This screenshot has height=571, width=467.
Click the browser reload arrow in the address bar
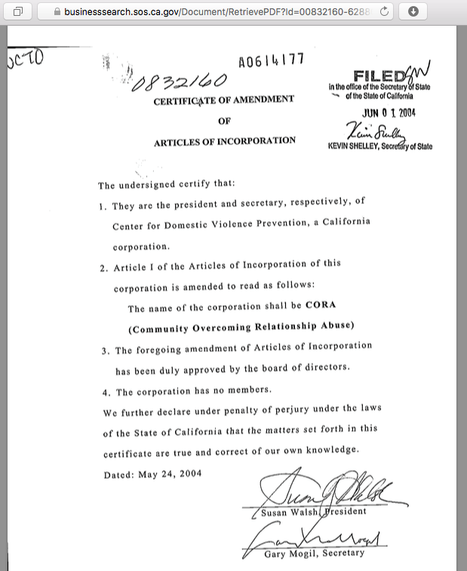point(385,12)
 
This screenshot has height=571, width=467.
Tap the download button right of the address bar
point(413,12)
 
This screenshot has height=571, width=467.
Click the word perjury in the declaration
point(269,410)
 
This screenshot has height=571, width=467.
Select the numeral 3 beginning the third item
point(105,350)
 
